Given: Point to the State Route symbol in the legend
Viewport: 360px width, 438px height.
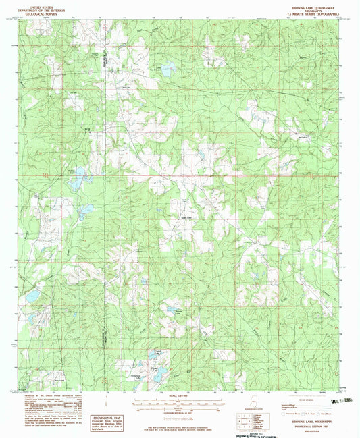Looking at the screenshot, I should [328, 412].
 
